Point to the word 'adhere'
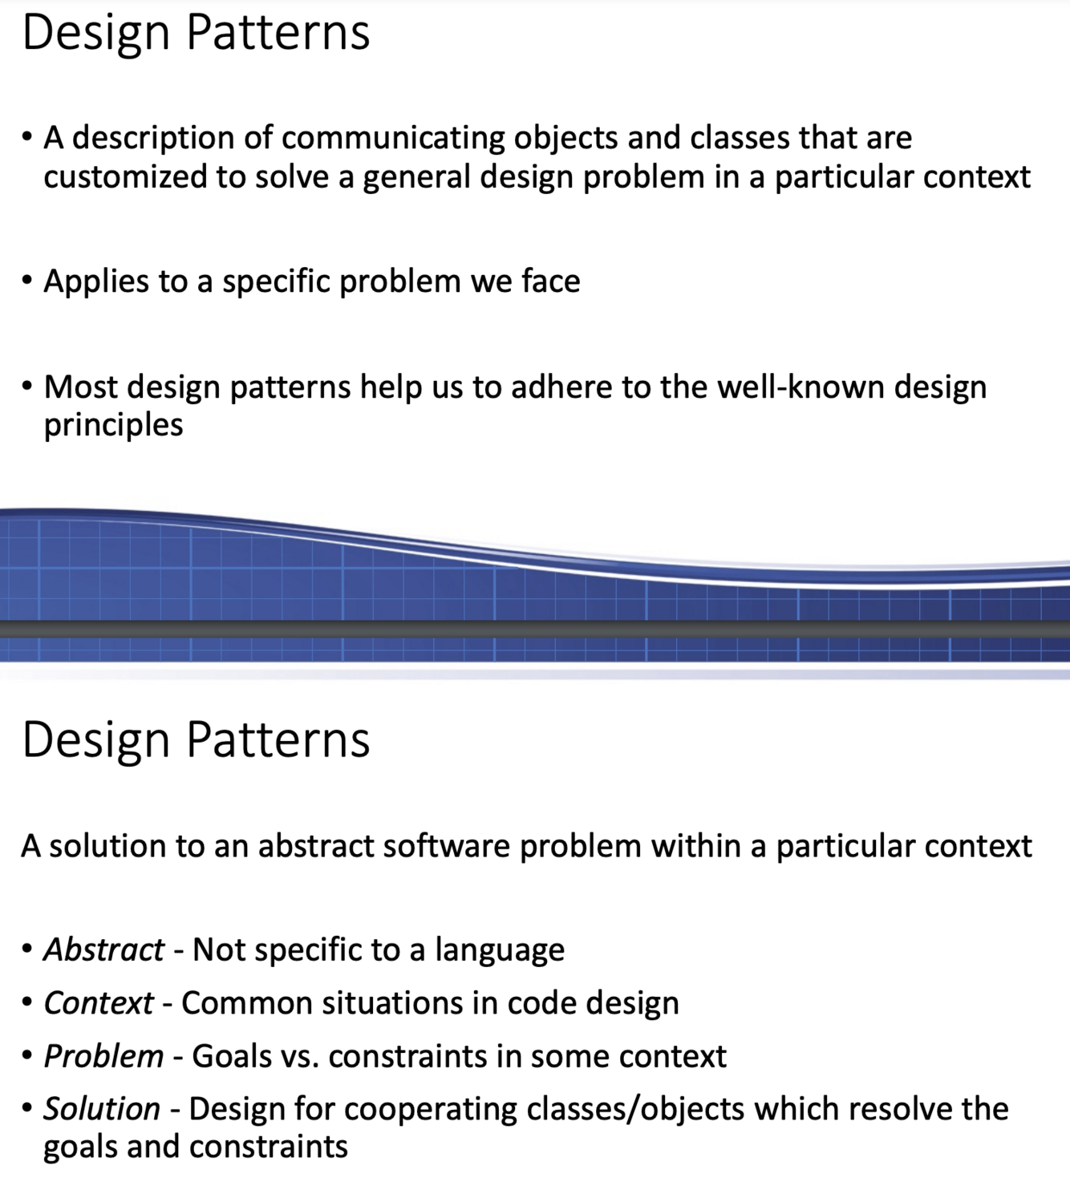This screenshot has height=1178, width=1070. [x=561, y=387]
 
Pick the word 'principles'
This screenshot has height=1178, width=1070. [x=113, y=425]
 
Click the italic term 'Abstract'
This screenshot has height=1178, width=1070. [x=103, y=950]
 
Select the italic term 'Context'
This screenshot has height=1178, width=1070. [x=98, y=1003]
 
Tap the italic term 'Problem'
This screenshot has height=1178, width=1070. [x=103, y=1056]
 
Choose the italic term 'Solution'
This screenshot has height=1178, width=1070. [x=102, y=1109]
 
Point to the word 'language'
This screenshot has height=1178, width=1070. [x=500, y=950]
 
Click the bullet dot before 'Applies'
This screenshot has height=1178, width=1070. [x=27, y=281]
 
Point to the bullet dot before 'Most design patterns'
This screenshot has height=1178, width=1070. [x=27, y=387]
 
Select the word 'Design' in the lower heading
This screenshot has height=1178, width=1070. [x=95, y=740]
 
